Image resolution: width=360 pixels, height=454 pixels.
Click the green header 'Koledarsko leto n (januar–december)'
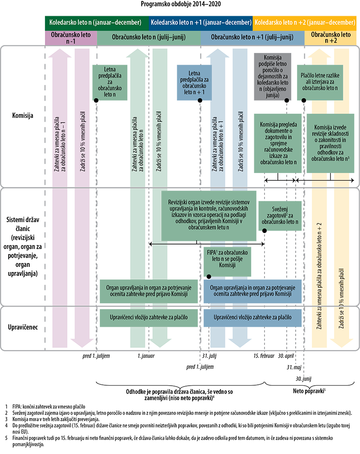tap(95, 22)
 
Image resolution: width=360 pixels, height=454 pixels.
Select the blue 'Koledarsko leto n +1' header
tap(201, 22)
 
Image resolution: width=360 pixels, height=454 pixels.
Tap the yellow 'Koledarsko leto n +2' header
tap(305, 22)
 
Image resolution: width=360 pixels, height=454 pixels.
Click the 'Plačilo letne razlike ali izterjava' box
tap(320, 81)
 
